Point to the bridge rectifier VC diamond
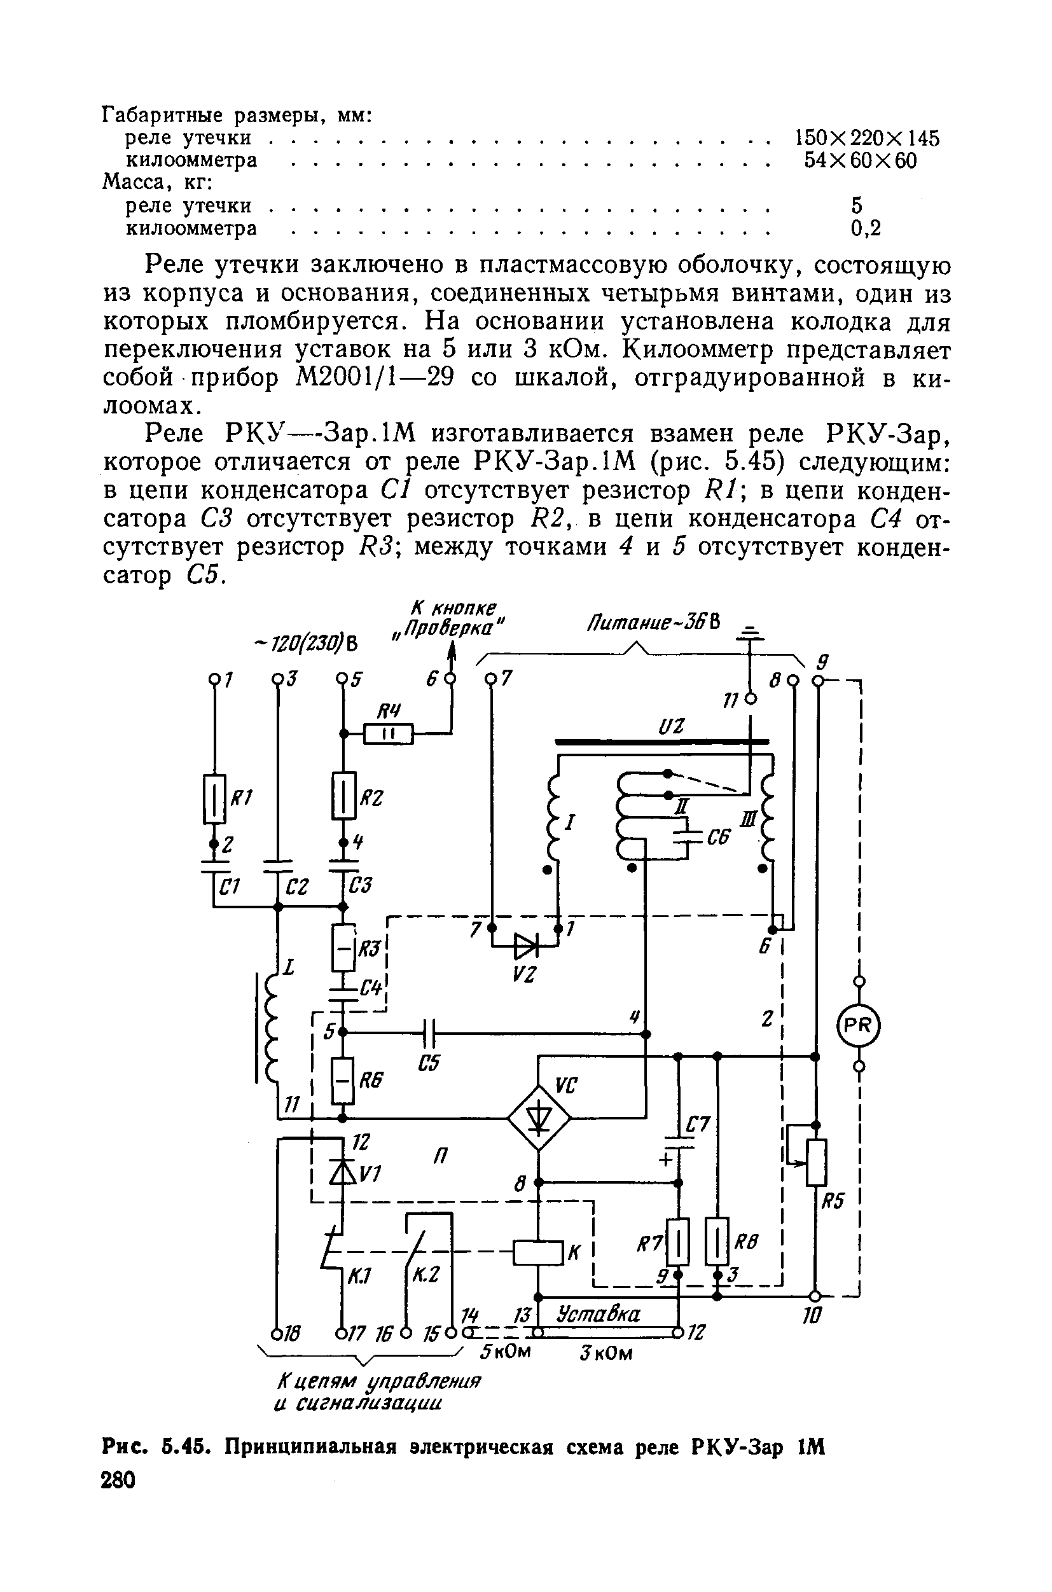pos(538,1118)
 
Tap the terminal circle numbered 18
pos(277,1332)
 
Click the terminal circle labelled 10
pos(816,1295)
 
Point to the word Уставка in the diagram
pos(599,1313)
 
